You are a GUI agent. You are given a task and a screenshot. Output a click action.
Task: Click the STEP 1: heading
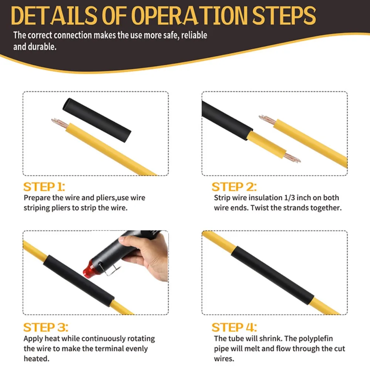coord(44,186)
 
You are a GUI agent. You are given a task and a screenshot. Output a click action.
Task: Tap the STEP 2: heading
coord(234,186)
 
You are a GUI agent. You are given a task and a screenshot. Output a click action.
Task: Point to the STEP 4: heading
coord(234,327)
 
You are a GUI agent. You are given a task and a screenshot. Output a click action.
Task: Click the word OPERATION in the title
coord(190,15)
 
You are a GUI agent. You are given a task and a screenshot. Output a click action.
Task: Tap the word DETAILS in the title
coord(54,15)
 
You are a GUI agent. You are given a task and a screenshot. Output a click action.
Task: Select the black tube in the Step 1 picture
coord(97,120)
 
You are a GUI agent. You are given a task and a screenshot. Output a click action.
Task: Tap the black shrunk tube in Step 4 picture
coord(273,275)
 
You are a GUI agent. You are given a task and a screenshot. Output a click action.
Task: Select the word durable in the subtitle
coord(42,47)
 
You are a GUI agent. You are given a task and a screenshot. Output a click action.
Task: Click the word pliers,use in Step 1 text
coord(104,198)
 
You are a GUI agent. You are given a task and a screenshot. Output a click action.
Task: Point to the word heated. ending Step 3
coord(37,359)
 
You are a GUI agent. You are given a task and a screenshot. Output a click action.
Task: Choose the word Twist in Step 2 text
coord(259,208)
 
